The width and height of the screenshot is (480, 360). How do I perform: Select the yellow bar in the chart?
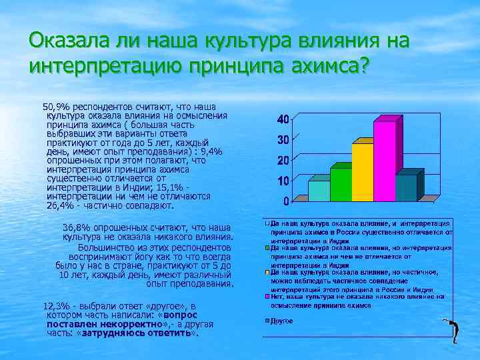point(362,173)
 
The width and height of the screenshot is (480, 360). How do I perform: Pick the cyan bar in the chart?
point(318,191)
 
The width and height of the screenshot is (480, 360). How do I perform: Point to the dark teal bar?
point(405,188)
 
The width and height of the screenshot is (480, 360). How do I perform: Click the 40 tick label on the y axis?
point(283,119)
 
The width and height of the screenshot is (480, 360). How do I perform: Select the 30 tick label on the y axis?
point(283,140)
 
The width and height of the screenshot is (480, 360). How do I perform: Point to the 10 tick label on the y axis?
point(283,181)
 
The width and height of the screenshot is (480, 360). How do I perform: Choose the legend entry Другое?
point(279,321)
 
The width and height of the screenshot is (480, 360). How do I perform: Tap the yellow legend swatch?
point(266,272)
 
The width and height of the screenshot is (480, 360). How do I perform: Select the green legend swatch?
point(266,247)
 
